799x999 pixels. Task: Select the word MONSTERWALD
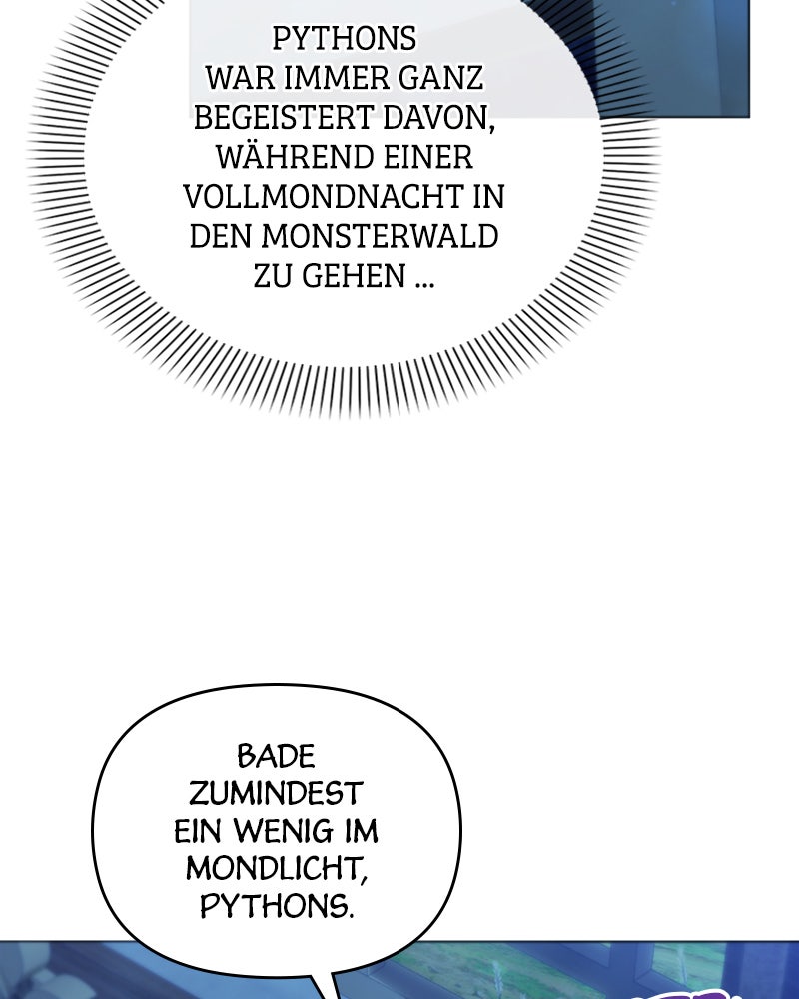point(380,236)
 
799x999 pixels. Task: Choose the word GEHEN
point(354,276)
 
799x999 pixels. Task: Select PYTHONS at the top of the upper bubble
point(344,39)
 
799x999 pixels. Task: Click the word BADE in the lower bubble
point(276,757)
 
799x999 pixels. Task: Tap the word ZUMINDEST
point(276,794)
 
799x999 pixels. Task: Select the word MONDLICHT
point(277,869)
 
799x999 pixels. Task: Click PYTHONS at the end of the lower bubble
point(277,906)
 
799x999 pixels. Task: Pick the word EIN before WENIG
point(198,831)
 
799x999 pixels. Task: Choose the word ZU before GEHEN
point(273,276)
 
